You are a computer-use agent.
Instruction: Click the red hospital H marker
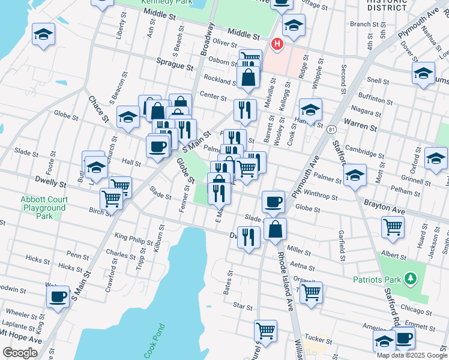pyautogui.click(x=277, y=43)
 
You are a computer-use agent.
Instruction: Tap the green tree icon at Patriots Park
pyautogui.click(x=411, y=278)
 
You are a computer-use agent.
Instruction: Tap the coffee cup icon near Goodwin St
pyautogui.click(x=58, y=295)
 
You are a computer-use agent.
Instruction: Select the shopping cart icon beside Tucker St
pyautogui.click(x=265, y=329)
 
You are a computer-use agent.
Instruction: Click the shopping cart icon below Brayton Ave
pyautogui.click(x=393, y=226)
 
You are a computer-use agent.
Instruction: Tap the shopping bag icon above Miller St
pyautogui.click(x=274, y=229)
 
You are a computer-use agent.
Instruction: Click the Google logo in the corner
pyautogui.click(x=20, y=353)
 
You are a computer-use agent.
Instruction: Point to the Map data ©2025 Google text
pyautogui.click(x=412, y=355)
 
